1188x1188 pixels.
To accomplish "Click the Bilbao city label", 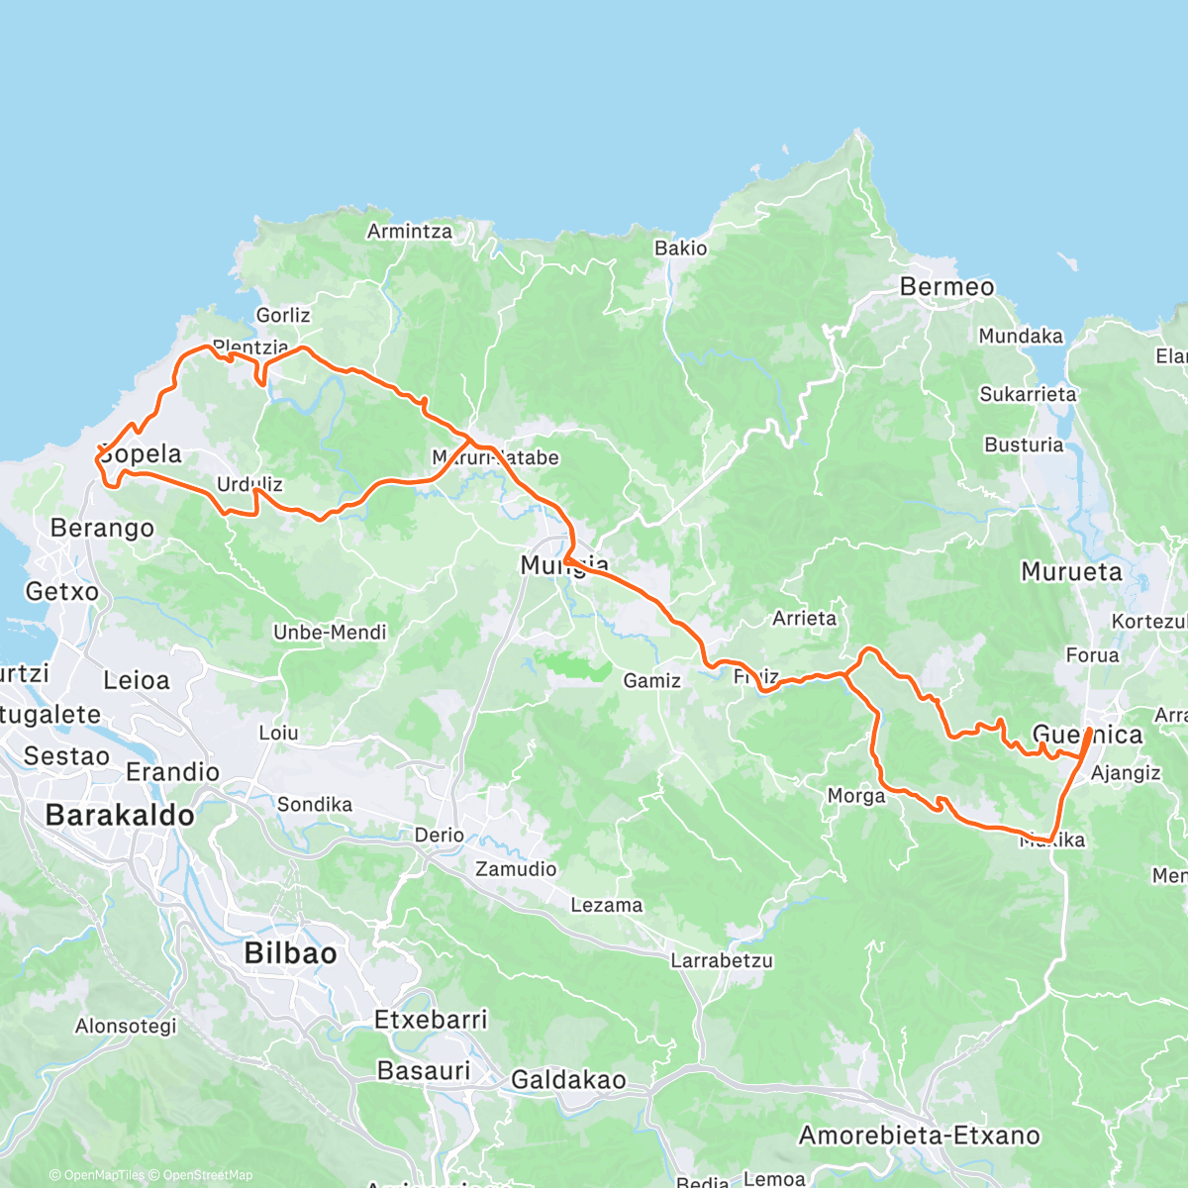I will pyautogui.click(x=290, y=953).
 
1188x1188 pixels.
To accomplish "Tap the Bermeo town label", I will pyautogui.click(x=946, y=287).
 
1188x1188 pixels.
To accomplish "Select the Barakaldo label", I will pyautogui.click(x=120, y=816).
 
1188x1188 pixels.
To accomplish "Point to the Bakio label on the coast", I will pyautogui.click(x=681, y=248).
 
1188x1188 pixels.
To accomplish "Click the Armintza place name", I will pyautogui.click(x=410, y=232).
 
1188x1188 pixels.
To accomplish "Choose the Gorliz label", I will pyautogui.click(x=283, y=316).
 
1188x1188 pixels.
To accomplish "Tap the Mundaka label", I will pyautogui.click(x=1021, y=337).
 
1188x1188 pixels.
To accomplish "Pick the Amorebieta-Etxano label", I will pyautogui.click(x=920, y=1136).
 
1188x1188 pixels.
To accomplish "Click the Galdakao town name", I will pyautogui.click(x=568, y=1080).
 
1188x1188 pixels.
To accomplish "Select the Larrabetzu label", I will pyautogui.click(x=722, y=960).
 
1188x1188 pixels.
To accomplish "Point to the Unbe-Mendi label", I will pyautogui.click(x=330, y=633).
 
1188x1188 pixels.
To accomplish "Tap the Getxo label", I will pyautogui.click(x=62, y=592).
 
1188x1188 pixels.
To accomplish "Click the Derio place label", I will pyautogui.click(x=440, y=836).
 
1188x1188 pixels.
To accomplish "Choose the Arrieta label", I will pyautogui.click(x=804, y=619).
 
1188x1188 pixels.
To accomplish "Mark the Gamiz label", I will pyautogui.click(x=651, y=681).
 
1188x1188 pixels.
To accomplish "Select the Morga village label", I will pyautogui.click(x=856, y=796).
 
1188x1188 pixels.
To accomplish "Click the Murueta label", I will pyautogui.click(x=1071, y=572).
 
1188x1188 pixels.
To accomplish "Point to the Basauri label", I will pyautogui.click(x=424, y=1070).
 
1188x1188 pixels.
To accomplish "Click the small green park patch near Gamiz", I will pyautogui.click(x=573, y=664).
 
